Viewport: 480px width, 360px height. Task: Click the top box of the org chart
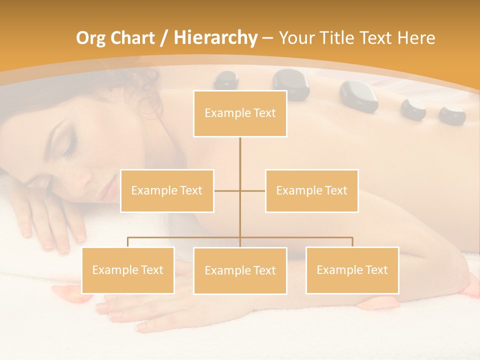point(240,113)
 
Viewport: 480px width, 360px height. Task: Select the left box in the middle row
point(167,190)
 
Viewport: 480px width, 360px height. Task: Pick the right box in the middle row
point(311,190)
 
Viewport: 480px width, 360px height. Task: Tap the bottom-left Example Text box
point(127,270)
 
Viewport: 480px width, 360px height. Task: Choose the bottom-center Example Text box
point(240,270)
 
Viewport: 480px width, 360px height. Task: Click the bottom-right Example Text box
point(352,270)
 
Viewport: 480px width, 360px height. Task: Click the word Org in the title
point(90,38)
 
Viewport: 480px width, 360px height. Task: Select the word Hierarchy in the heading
point(215,38)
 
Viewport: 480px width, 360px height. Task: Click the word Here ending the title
point(416,38)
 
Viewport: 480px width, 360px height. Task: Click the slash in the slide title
point(163,38)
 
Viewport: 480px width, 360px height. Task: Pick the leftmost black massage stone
point(226,80)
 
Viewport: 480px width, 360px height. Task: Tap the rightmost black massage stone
point(452,115)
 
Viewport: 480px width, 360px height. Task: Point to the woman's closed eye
point(69,145)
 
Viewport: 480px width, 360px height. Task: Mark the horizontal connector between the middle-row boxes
point(239,190)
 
